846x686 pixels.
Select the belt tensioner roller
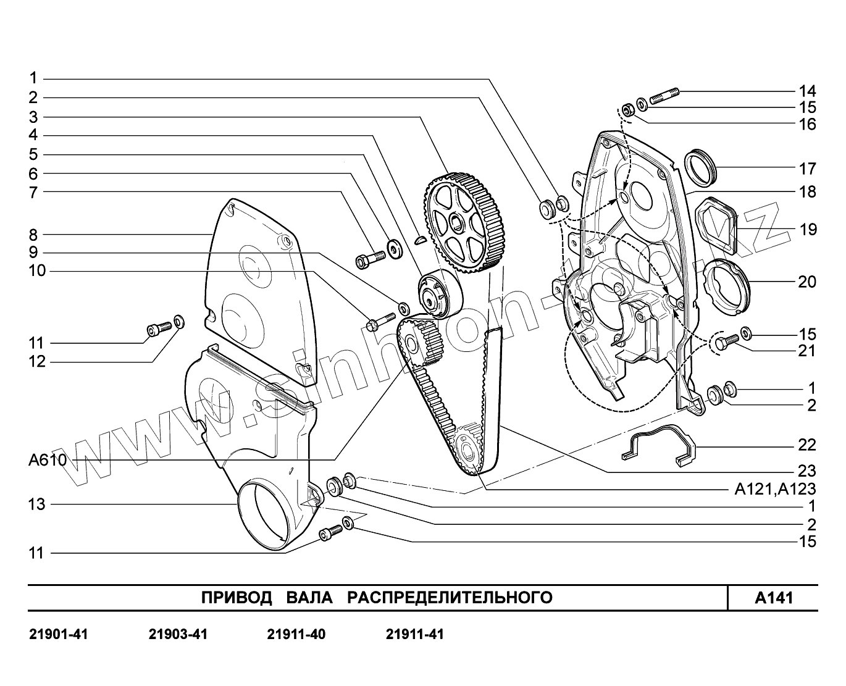(x=437, y=295)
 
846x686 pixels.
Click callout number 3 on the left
(x=33, y=117)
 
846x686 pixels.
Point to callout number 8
(x=33, y=235)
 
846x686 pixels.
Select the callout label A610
(x=48, y=461)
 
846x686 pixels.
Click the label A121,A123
(x=775, y=490)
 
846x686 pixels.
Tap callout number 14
(x=807, y=91)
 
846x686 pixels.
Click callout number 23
(x=807, y=471)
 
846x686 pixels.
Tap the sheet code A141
(x=774, y=598)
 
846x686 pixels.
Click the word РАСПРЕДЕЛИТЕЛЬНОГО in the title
(x=449, y=598)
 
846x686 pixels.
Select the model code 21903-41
(x=178, y=634)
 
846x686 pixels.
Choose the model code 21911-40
(x=296, y=634)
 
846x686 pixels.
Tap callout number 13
(x=37, y=504)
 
